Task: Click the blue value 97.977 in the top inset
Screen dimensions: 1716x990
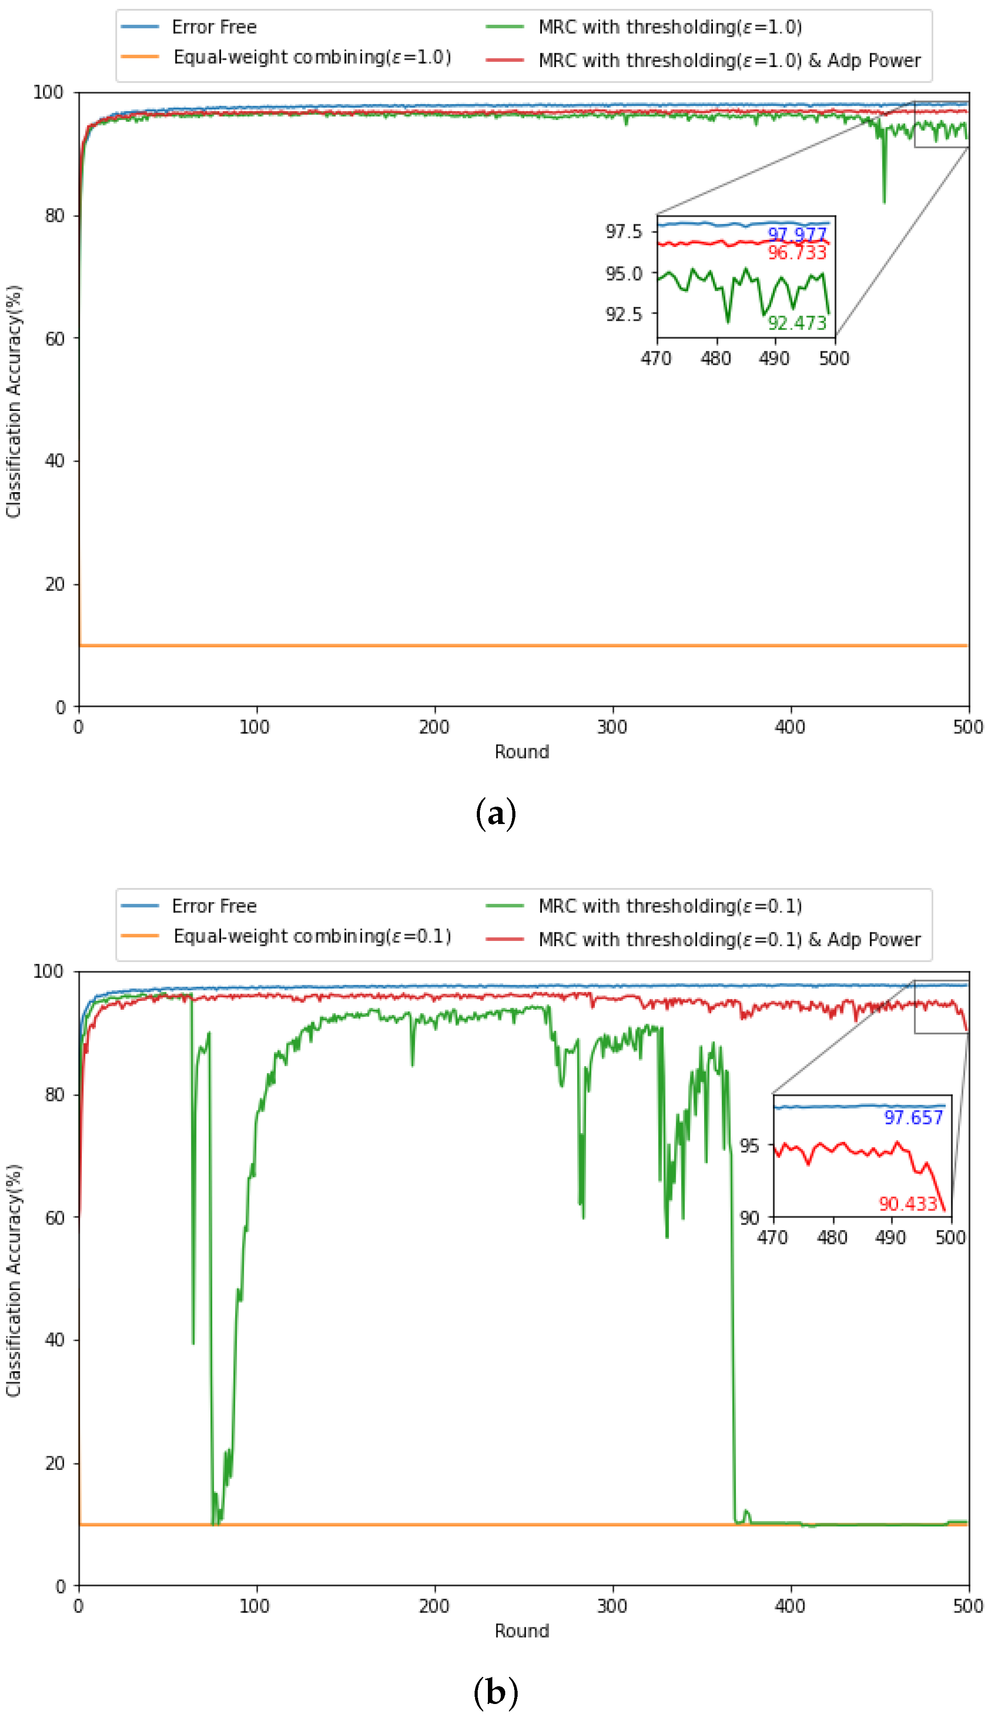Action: point(797,234)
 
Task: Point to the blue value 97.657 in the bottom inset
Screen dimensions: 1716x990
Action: point(913,1118)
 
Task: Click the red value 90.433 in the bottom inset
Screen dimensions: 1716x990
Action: point(908,1204)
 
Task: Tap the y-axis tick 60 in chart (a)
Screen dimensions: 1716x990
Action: point(55,338)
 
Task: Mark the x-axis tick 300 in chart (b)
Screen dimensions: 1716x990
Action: point(612,1606)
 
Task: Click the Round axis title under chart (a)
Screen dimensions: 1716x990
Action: point(522,752)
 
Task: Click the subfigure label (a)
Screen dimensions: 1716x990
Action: point(496,813)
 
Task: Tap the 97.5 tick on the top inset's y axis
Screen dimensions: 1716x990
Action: point(623,231)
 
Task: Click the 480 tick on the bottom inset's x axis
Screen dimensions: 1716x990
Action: point(832,1237)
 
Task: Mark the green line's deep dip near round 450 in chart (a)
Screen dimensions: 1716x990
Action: point(884,197)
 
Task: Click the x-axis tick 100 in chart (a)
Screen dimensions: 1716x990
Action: point(254,727)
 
